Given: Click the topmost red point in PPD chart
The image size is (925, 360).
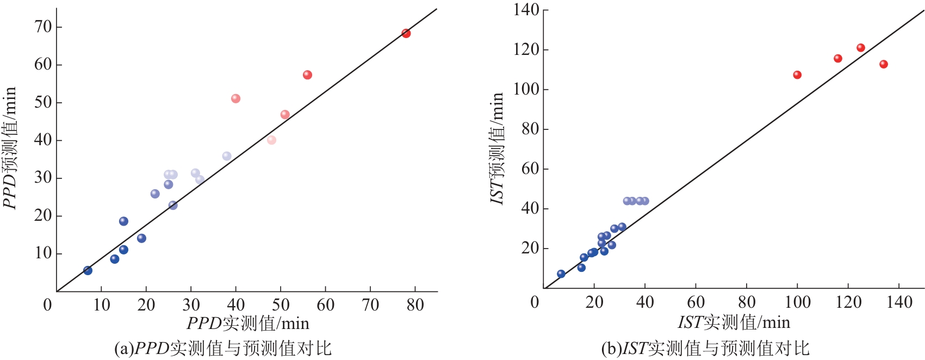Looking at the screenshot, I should click(x=406, y=33).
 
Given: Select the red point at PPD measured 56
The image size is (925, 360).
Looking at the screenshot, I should click(x=307, y=75).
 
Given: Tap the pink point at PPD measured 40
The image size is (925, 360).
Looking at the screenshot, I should click(x=235, y=98).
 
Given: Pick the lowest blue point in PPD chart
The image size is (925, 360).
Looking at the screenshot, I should click(x=88, y=270).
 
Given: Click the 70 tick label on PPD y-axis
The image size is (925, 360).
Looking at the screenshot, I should click(x=43, y=27).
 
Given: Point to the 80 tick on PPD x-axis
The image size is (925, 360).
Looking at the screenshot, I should click(x=415, y=305).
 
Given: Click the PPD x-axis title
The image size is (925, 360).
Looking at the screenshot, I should click(x=248, y=324).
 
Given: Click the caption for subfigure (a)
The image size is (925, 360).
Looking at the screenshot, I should click(x=222, y=348).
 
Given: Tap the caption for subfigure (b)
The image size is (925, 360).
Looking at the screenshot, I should click(x=705, y=348).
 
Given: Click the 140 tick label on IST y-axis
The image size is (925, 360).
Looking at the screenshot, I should click(x=526, y=10).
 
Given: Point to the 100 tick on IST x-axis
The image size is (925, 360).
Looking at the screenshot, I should click(x=797, y=302).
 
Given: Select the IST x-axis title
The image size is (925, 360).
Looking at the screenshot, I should click(x=734, y=322).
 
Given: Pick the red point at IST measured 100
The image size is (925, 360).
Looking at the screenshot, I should click(x=797, y=75).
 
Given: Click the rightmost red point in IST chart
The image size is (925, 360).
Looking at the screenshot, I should click(x=883, y=64).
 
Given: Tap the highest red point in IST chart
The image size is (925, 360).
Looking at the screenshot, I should click(x=860, y=48).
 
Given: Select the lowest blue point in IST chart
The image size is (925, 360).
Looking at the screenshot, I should click(x=561, y=274).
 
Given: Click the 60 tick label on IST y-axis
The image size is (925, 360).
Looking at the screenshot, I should click(x=530, y=169).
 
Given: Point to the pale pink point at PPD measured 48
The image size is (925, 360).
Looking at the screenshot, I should click(x=271, y=140).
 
